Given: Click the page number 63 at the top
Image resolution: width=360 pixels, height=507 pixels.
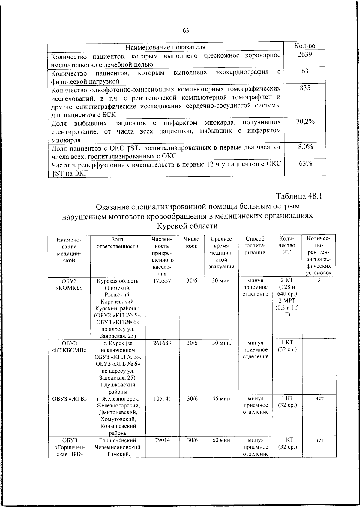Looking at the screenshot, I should (186, 30).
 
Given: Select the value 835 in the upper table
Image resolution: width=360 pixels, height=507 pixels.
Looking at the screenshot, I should (305, 88).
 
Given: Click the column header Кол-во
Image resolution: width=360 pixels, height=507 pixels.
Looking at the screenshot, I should (305, 46).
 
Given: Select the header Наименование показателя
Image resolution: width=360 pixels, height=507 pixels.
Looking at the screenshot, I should (165, 47).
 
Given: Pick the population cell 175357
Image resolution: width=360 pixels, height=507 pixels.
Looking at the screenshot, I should (162, 281).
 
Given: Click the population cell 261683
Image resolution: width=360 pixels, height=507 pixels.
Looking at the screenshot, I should (162, 343).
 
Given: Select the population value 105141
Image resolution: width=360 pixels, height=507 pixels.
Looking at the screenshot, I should (162, 399).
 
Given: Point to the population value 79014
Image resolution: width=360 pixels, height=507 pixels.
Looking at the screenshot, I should (162, 440).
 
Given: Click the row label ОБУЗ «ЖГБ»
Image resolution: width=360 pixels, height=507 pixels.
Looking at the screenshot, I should (69, 399).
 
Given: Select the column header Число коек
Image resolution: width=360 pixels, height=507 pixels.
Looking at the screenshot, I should (191, 243).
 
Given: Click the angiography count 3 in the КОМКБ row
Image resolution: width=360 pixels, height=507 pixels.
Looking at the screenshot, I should (319, 280).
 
